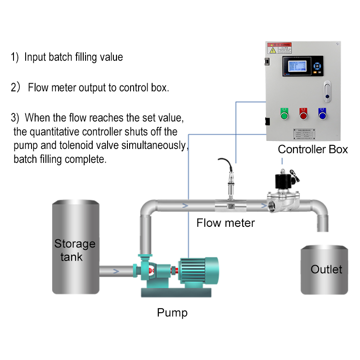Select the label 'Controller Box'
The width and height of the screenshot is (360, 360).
(313, 149)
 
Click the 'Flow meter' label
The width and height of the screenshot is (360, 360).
(225, 222)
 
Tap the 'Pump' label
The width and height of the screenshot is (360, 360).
(172, 312)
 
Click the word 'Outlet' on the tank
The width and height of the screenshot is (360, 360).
(326, 269)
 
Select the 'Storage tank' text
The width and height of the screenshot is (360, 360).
(75, 250)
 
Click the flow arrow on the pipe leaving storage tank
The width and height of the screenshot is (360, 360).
(116, 271)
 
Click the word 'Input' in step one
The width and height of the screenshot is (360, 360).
(35, 57)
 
